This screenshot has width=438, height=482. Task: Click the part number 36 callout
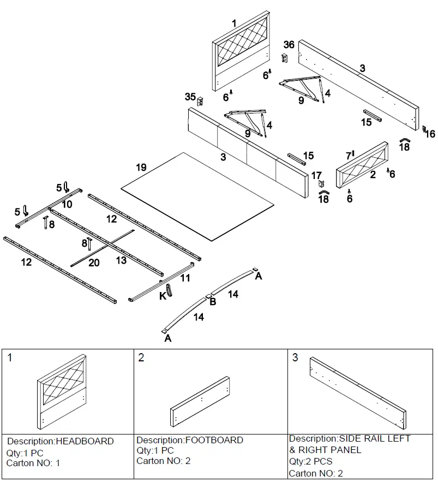(x=289, y=45)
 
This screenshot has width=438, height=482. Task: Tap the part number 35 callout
(x=190, y=97)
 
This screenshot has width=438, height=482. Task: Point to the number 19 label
(x=141, y=168)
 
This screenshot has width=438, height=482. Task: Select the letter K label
(x=163, y=296)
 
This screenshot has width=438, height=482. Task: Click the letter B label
(x=213, y=301)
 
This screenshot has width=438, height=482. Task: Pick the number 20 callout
(x=94, y=263)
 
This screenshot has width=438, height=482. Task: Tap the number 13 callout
(x=121, y=260)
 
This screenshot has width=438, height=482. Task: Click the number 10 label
(x=67, y=204)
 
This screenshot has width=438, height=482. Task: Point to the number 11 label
(x=185, y=278)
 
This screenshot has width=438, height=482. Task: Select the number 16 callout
(x=430, y=134)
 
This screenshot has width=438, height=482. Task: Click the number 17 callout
(x=316, y=175)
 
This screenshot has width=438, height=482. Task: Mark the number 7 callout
(x=349, y=156)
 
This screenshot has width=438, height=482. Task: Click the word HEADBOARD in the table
(x=85, y=441)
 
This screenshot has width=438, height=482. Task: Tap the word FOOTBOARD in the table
(x=214, y=440)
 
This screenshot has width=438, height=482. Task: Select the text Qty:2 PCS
(x=310, y=461)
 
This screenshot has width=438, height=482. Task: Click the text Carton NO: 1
(x=33, y=463)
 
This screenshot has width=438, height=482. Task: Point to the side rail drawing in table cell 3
(x=358, y=393)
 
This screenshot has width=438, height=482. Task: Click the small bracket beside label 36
(x=284, y=57)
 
